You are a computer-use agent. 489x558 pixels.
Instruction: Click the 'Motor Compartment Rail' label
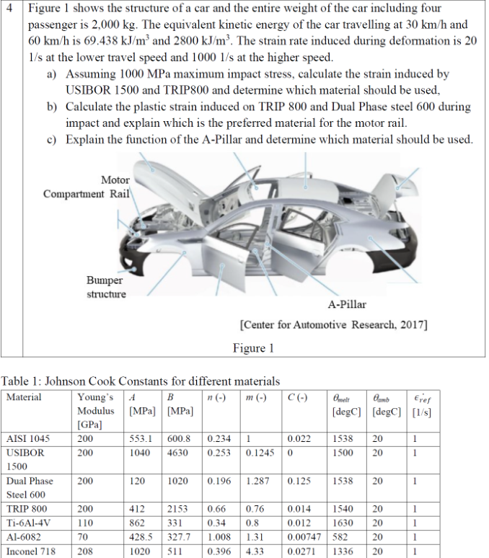tap(87, 187)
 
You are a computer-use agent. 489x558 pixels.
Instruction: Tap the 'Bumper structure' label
tap(106, 287)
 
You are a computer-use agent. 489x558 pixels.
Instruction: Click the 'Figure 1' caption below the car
tap(253, 348)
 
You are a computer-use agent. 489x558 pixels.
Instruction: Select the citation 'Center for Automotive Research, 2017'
tap(333, 325)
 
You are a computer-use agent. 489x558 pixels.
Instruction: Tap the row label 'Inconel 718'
tap(30, 552)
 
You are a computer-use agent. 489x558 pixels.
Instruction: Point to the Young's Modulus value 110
tap(86, 523)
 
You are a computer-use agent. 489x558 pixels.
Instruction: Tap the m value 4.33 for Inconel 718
tap(256, 552)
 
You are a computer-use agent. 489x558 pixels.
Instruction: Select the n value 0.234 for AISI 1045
tap(219, 438)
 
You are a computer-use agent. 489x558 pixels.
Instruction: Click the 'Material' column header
tap(24, 397)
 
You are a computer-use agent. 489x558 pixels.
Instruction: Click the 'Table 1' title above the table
tap(140, 381)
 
